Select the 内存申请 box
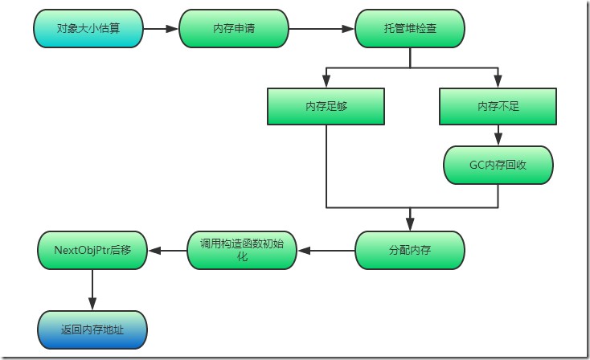[x=234, y=29]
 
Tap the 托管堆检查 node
[x=410, y=29]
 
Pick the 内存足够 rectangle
[x=326, y=106]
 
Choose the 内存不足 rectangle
[x=498, y=106]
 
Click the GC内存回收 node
[x=498, y=166]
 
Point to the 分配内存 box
[x=410, y=250]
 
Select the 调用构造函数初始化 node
[x=242, y=250]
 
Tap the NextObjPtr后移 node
[x=92, y=250]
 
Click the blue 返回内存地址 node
[x=92, y=329]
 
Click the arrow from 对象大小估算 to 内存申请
[x=161, y=29]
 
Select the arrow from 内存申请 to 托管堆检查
[x=322, y=29]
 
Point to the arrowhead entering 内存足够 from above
[x=326, y=81]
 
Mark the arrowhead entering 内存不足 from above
[x=498, y=81]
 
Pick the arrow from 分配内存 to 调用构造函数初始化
[x=326, y=250]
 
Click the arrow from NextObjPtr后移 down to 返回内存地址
[x=92, y=289]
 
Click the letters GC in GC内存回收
[x=477, y=166]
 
